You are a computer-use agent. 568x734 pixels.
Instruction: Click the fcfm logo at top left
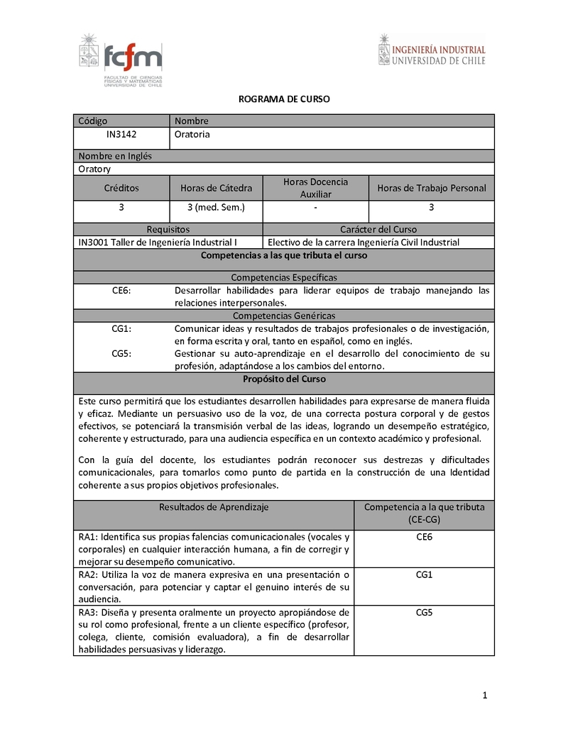pos(121,61)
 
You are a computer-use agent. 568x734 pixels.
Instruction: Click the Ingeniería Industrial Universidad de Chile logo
pos(432,50)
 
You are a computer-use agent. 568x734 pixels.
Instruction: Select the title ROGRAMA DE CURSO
pos(283,100)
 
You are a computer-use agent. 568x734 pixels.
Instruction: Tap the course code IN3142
pos(121,134)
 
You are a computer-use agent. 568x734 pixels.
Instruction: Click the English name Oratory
pos(94,169)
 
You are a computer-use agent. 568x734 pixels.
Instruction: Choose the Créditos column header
pos(121,188)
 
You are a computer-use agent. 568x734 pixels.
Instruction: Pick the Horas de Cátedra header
pos(216,188)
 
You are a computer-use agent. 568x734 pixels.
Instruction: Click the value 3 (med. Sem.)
pos(216,207)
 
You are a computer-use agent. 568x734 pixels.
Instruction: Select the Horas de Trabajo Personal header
pos(432,188)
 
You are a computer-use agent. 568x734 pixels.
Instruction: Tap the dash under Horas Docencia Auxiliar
pos(315,207)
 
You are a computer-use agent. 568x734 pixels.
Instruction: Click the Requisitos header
pos(168,229)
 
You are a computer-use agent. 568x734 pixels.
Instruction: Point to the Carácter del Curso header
pos(378,229)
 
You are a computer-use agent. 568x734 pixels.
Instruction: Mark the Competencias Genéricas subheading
pos(283,316)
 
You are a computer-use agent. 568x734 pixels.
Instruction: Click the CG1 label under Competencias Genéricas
pos(121,328)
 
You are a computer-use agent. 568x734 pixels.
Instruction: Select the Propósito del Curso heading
pos(283,379)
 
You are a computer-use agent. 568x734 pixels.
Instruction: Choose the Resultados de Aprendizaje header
pos(214,507)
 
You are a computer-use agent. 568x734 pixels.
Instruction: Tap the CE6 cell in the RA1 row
pos(425,537)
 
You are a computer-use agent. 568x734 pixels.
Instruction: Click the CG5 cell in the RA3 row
pos(425,612)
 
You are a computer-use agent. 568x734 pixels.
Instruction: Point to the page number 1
pos(484,696)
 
